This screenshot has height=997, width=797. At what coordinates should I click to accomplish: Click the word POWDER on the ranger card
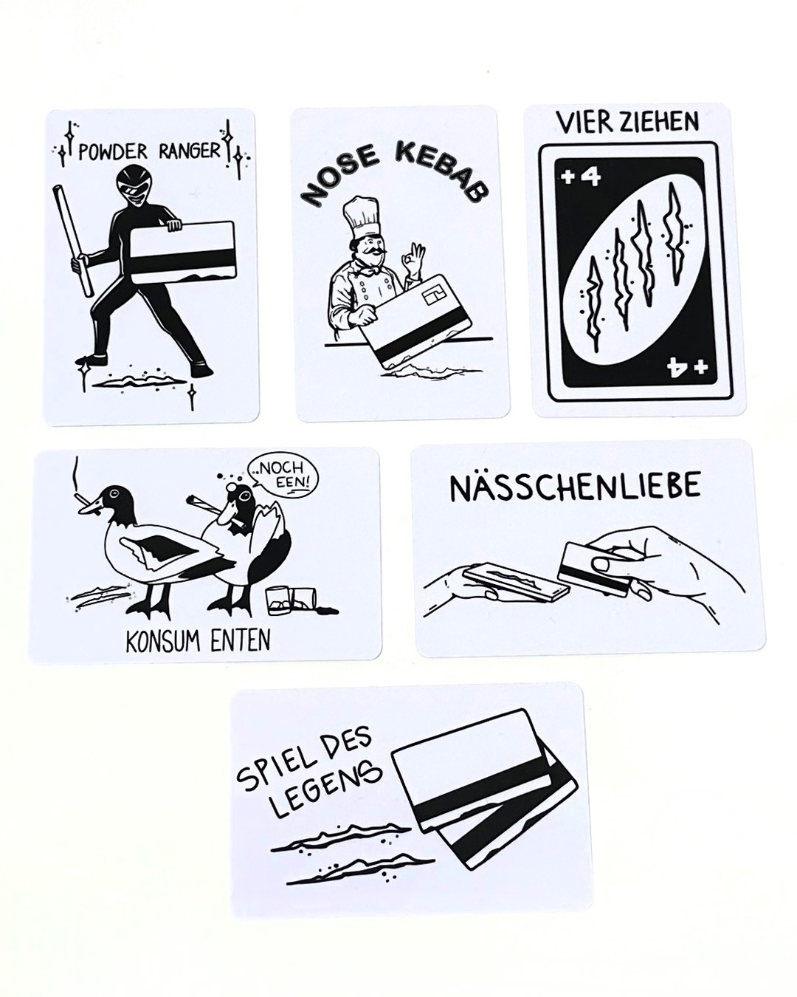coord(112,152)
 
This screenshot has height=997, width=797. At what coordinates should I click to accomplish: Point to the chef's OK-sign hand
coord(415,262)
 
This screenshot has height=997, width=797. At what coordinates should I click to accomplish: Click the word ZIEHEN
coord(660,123)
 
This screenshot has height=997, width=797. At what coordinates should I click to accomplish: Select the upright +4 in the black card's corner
coord(581,178)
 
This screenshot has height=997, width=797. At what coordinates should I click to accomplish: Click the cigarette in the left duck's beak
coord(85,501)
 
